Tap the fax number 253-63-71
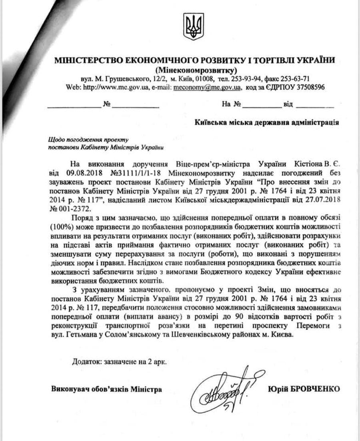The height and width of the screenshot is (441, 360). click(295, 78)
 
